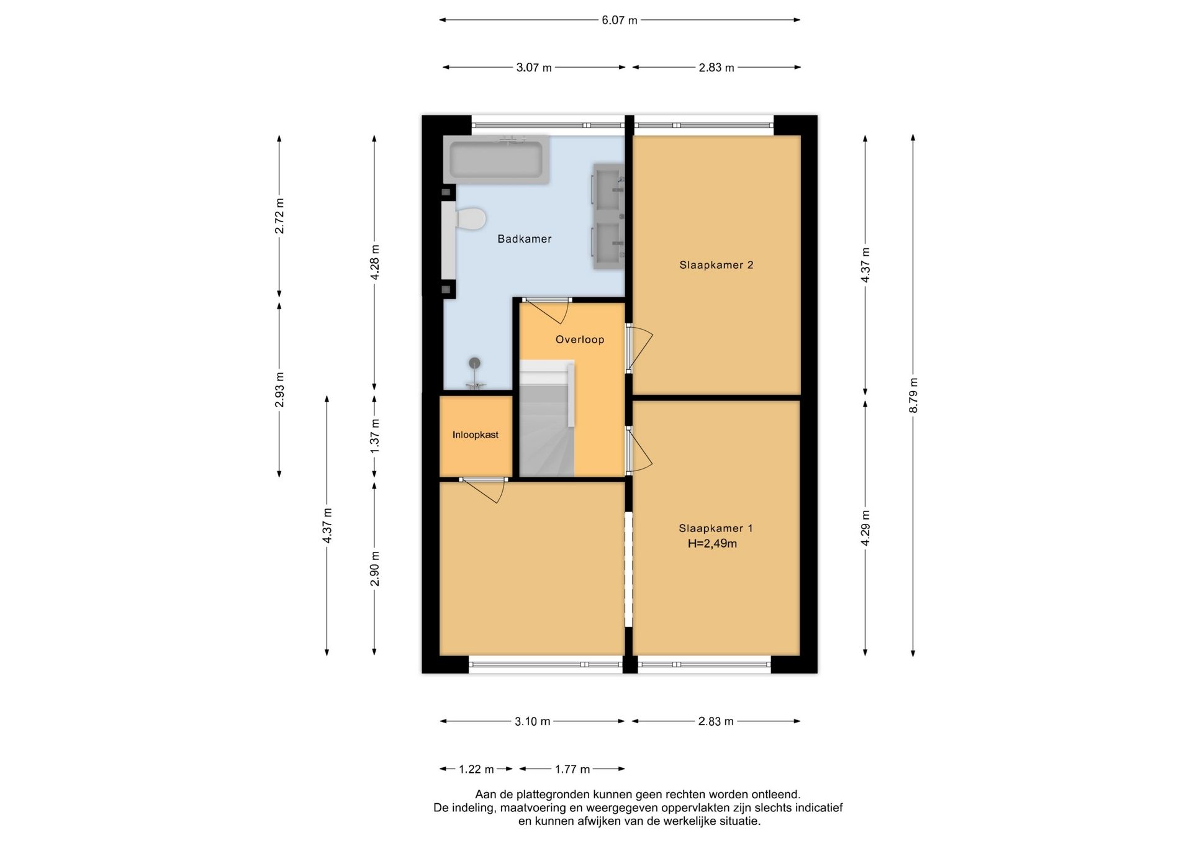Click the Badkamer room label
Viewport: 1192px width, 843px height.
525,239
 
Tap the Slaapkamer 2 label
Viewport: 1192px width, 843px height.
716,265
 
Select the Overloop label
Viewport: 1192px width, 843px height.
580,340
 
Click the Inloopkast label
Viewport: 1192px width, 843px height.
476,435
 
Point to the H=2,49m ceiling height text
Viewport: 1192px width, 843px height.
712,544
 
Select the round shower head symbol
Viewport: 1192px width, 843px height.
475,364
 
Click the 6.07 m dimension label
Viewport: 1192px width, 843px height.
620,20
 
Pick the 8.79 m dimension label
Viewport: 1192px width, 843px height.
913,395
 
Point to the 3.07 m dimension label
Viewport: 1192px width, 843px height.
534,68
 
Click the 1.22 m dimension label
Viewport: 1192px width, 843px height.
476,770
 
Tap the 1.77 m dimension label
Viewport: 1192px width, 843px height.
572,770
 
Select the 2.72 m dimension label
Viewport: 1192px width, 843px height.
279,216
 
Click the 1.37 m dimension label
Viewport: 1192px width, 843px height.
374,436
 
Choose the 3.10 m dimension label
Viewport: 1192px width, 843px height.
533,721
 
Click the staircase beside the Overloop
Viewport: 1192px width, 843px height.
547,420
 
